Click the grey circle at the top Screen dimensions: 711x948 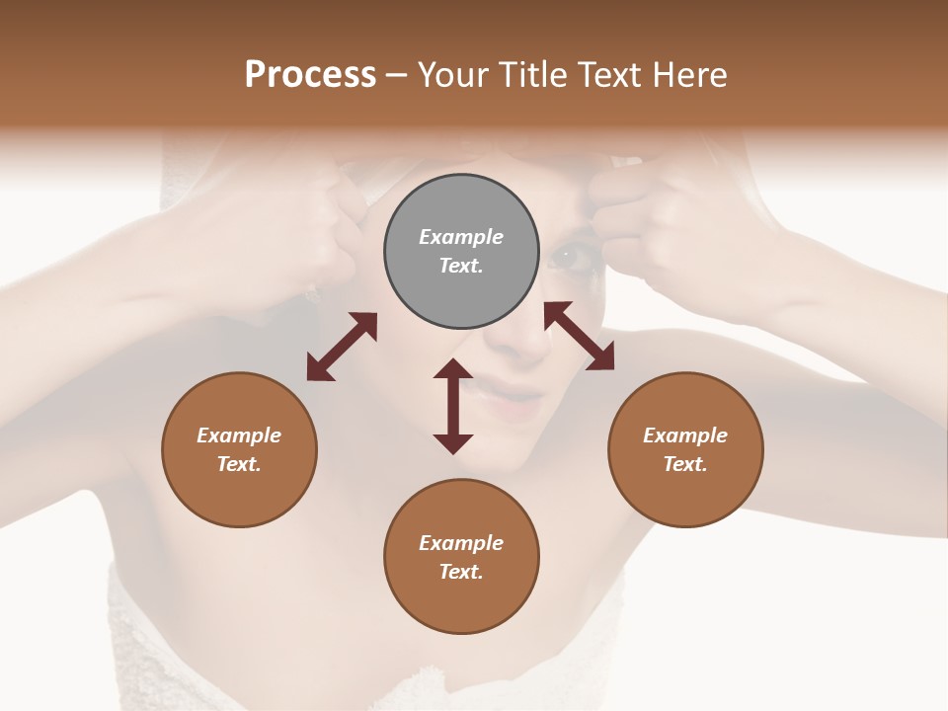tap(461, 252)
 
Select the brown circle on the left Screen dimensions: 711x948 tap(239, 449)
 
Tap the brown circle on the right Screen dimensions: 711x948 tap(685, 449)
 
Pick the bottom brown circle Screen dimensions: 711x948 tap(461, 557)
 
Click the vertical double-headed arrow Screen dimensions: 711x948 tap(453, 406)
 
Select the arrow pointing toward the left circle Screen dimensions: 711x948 tap(342, 346)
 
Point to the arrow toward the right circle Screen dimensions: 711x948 tap(579, 336)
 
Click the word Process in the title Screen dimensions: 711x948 tap(310, 75)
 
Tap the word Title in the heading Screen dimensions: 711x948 tap(532, 75)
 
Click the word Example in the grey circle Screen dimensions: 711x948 tap(461, 237)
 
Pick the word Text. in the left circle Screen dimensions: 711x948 tap(239, 464)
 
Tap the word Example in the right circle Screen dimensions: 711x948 tap(685, 435)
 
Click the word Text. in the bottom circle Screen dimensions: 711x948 tap(461, 572)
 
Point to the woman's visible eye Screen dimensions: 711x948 tap(570, 258)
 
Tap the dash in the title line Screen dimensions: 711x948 tap(396, 75)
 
